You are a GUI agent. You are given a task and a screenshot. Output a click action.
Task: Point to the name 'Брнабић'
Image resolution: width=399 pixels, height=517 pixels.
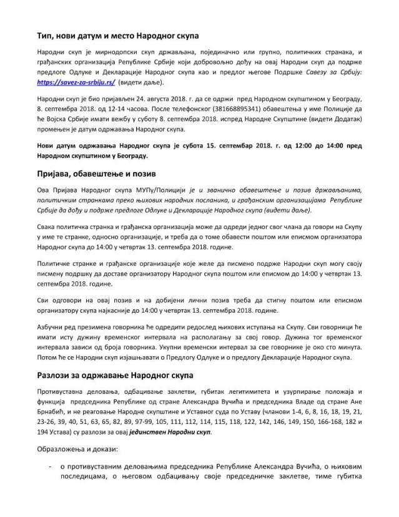55,411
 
